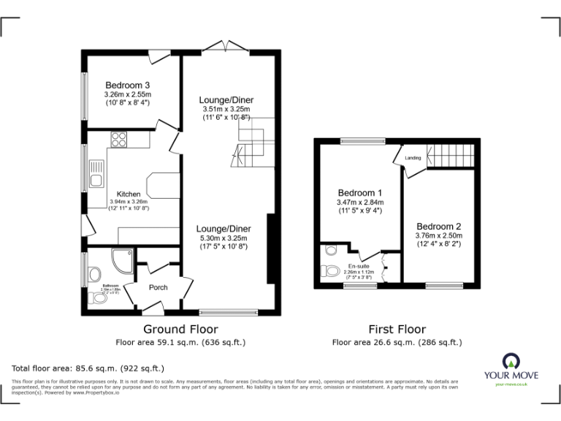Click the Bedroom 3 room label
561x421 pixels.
coord(127,84)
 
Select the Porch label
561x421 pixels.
coord(159,287)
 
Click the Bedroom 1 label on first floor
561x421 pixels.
coord(359,193)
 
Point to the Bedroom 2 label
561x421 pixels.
coord(438,226)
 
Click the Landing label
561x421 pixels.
coord(413,158)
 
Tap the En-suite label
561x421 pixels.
coord(358,265)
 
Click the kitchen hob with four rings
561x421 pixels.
coord(119,138)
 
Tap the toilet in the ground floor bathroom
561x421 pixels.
coord(93,274)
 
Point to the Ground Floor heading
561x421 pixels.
coord(180,330)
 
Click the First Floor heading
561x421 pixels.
coord(397,330)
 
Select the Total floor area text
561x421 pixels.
coord(88,368)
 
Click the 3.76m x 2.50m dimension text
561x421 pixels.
coord(438,236)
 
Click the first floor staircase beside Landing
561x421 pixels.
coord(450,154)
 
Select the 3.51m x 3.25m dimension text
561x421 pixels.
coord(226,110)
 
